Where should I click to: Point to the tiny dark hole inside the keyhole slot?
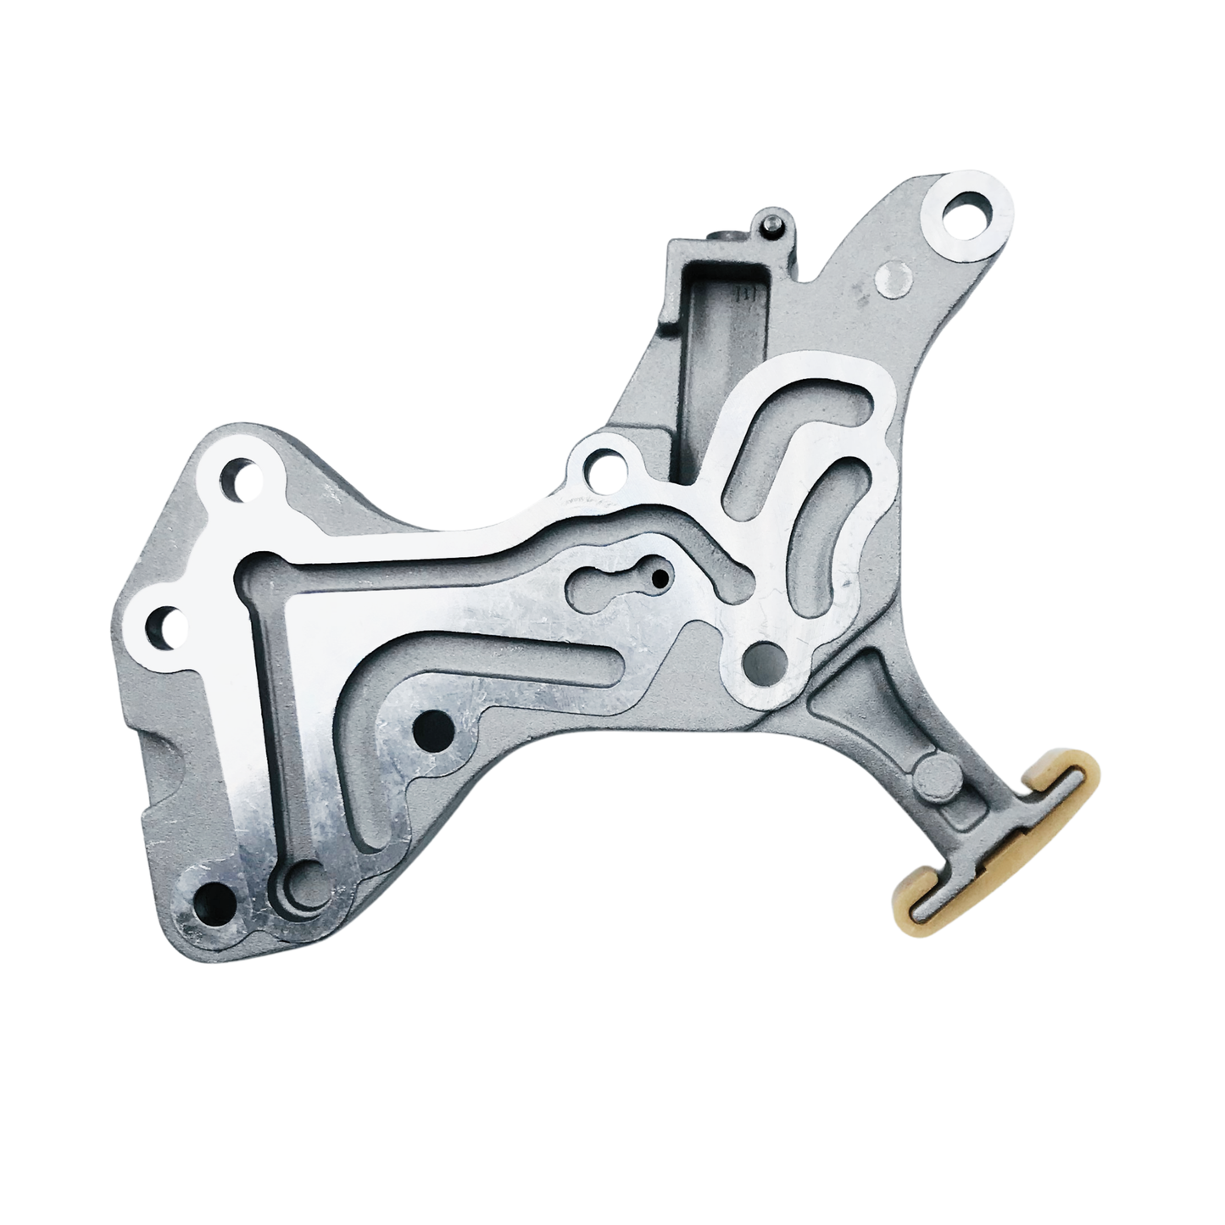pos(659,580)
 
